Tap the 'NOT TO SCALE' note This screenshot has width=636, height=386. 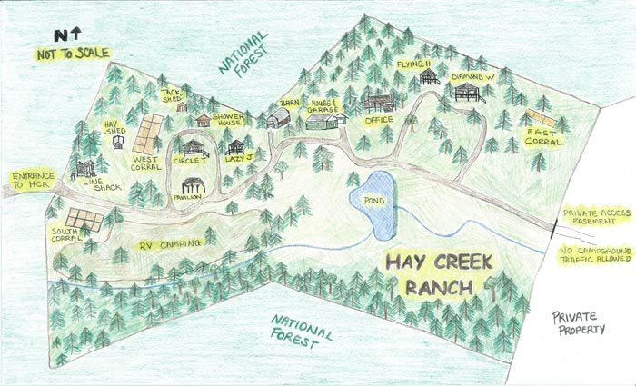(69, 54)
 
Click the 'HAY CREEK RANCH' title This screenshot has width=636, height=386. (438, 275)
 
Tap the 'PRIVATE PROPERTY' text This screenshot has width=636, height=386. (580, 322)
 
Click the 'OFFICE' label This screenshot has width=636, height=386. (377, 119)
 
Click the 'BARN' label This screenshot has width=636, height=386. (290, 104)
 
